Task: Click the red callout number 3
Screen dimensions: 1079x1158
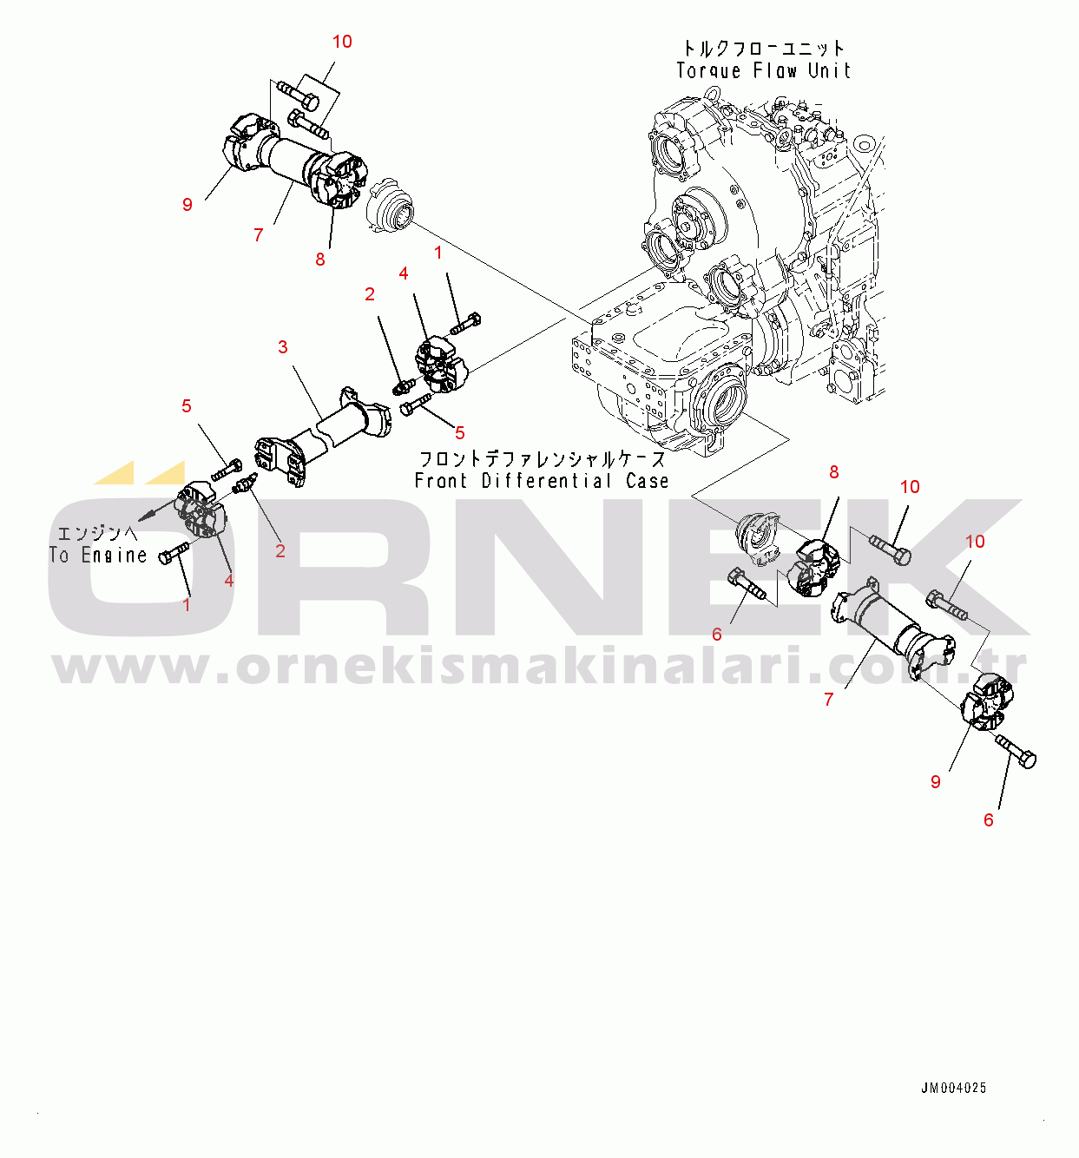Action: [283, 347]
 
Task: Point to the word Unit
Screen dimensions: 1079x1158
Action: [830, 70]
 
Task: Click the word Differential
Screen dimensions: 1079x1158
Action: [547, 481]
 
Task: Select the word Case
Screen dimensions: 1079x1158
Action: [648, 481]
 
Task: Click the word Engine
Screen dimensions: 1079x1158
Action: [114, 556]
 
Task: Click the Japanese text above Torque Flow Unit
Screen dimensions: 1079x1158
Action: [764, 47]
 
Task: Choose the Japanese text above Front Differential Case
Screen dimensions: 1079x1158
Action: [543, 459]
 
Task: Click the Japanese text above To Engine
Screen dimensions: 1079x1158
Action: [97, 533]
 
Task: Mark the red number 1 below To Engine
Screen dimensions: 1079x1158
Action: [187, 605]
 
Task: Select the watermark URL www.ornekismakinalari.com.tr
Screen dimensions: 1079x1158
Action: [540, 667]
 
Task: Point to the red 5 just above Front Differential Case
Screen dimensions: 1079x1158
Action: [459, 432]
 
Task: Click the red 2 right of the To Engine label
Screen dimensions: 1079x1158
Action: [280, 551]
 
